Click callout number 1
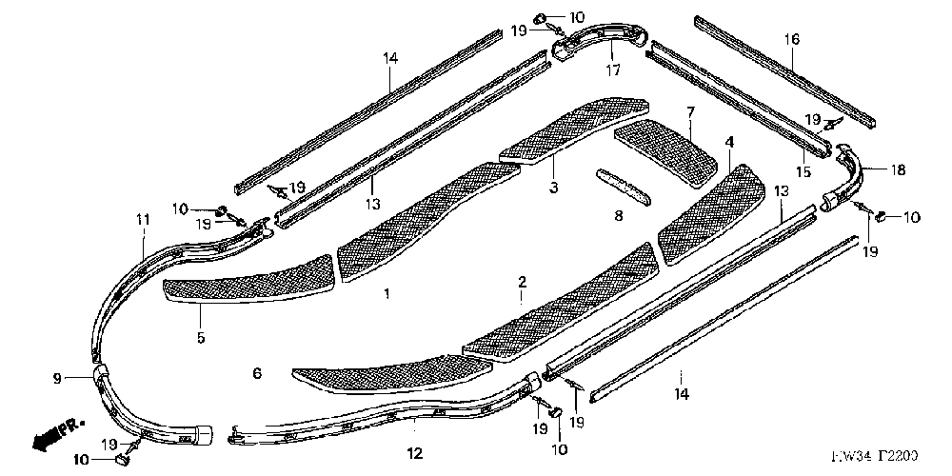(387, 295)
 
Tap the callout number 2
(522, 282)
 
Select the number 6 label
(256, 373)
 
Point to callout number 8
(617, 217)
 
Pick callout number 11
(143, 220)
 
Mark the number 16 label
(792, 39)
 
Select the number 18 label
(898, 170)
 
